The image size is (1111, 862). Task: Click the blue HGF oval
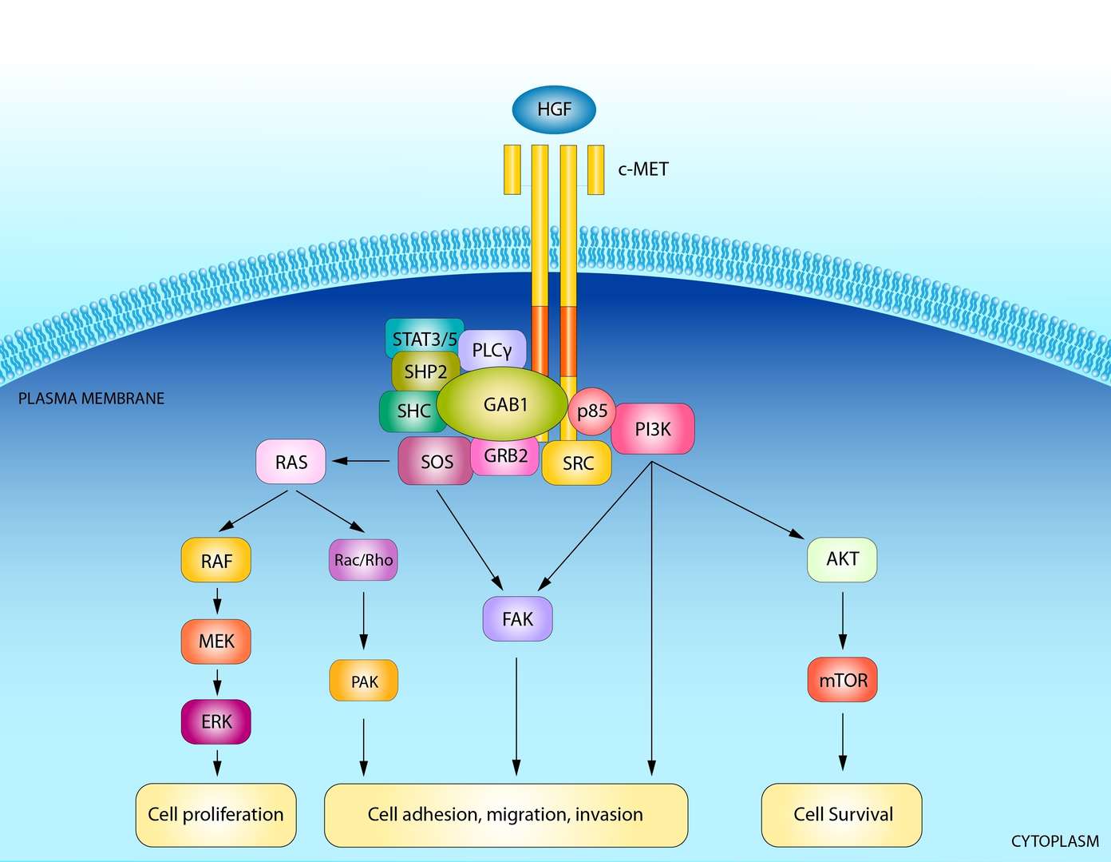554,109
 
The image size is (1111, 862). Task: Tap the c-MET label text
642,169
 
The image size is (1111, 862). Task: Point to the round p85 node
592,411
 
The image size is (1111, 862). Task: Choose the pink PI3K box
653,429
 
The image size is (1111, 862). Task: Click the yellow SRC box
577,463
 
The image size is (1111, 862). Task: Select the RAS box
291,462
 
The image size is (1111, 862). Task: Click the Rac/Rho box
363,560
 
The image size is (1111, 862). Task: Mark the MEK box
216,641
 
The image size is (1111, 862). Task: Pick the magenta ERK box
216,721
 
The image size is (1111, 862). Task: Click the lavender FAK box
517,618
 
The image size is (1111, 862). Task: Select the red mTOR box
843,680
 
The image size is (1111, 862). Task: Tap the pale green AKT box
842,559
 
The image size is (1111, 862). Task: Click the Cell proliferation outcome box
215,814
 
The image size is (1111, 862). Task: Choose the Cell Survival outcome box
842,814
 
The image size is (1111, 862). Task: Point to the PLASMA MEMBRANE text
91,398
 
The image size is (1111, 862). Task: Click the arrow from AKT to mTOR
843,620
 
